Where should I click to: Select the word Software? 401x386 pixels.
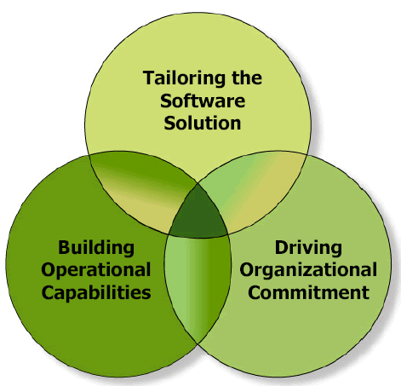click(x=203, y=101)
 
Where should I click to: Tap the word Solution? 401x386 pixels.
click(x=203, y=123)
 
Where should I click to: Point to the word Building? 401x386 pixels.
click(x=96, y=249)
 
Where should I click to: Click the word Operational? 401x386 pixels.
click(x=96, y=271)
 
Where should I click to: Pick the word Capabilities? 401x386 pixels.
click(x=96, y=292)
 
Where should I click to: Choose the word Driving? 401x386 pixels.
click(x=308, y=249)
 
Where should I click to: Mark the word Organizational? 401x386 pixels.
click(x=308, y=270)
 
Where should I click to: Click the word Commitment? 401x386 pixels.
click(x=309, y=292)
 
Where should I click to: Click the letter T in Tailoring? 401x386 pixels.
click(x=149, y=78)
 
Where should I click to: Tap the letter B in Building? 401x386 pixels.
click(x=64, y=247)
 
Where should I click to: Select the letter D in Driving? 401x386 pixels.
click(x=281, y=247)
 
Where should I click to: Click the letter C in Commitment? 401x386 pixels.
click(x=255, y=292)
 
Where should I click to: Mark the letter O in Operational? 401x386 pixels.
click(x=49, y=270)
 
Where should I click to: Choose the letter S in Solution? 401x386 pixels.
click(x=169, y=123)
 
